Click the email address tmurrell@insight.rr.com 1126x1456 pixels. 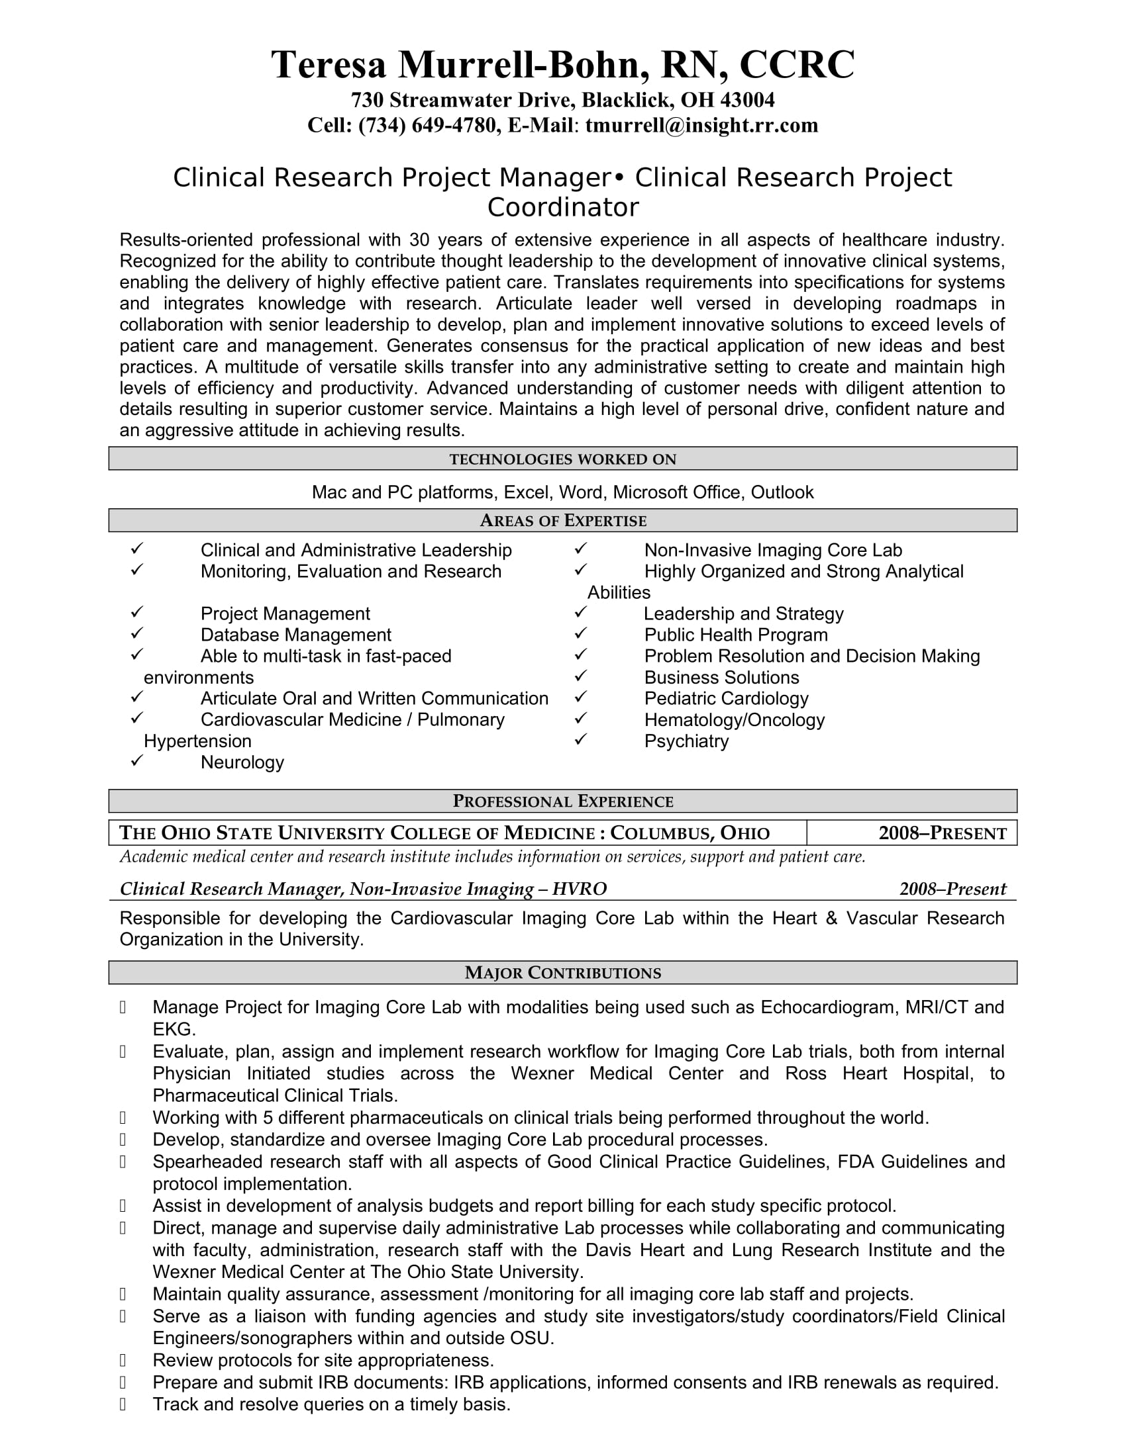click(701, 125)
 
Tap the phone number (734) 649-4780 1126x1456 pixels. click(427, 125)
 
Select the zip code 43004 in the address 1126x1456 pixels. click(748, 100)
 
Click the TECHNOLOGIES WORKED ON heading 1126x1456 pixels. click(562, 459)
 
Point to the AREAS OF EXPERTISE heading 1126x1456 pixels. click(562, 521)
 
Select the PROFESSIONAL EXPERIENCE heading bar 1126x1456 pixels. click(562, 801)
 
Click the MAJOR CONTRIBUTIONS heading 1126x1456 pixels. click(562, 973)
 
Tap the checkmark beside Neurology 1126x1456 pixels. click(136, 760)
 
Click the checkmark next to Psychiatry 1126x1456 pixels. click(580, 739)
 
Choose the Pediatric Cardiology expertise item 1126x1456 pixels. click(726, 699)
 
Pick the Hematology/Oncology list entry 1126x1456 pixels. click(734, 720)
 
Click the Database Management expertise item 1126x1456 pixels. click(295, 635)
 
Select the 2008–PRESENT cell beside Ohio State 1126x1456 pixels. click(942, 833)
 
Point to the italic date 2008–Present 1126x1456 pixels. click(952, 889)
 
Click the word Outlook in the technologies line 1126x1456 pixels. click(782, 492)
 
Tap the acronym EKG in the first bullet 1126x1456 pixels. click(173, 1029)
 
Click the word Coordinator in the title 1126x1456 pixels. click(562, 208)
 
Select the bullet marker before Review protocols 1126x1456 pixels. click(123, 1360)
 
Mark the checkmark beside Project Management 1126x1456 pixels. click(136, 612)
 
